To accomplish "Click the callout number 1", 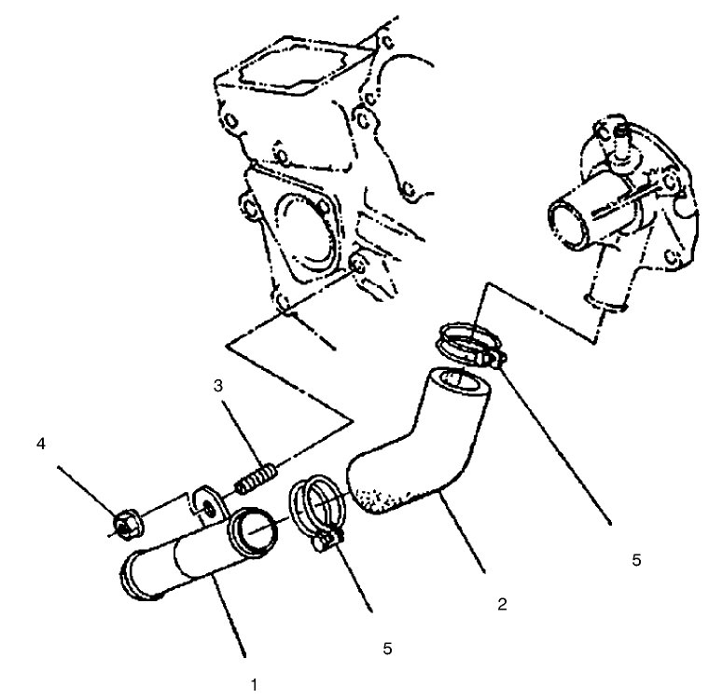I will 254,684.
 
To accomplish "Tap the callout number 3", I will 216,385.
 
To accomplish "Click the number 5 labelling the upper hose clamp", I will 636,562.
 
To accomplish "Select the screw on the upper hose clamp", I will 486,357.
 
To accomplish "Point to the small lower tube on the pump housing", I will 600,301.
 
